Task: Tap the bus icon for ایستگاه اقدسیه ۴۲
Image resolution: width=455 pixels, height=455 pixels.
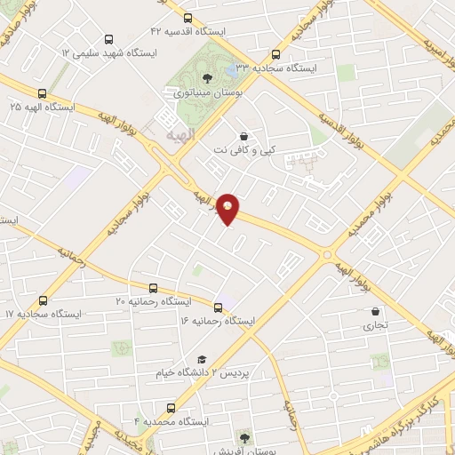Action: (188, 18)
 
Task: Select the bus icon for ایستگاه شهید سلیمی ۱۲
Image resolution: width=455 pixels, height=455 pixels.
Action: (108, 40)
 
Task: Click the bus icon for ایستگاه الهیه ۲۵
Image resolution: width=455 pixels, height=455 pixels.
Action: (42, 93)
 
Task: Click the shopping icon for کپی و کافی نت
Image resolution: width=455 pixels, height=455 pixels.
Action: (243, 136)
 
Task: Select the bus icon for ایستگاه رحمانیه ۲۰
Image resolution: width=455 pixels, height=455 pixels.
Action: (154, 288)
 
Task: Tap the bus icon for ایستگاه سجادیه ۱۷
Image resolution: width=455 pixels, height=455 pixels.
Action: (43, 301)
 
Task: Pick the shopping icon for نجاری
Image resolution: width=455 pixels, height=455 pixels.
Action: (376, 312)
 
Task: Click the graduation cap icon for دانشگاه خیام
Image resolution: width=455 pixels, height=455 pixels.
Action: (202, 359)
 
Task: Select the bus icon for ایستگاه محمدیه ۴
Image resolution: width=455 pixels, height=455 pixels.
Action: (171, 408)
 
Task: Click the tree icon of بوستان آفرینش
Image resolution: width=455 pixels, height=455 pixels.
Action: (244, 437)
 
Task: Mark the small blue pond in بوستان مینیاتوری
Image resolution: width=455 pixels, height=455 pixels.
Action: (232, 68)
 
